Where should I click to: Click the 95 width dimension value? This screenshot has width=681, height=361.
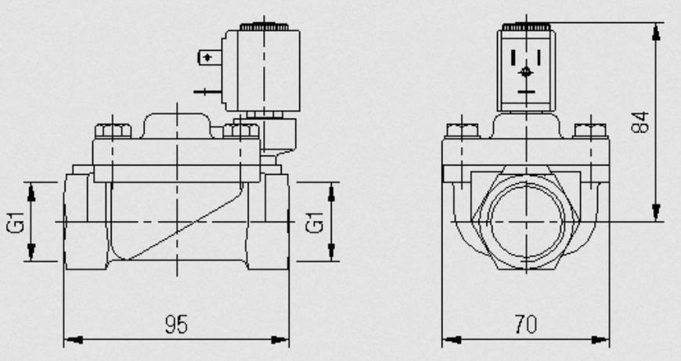(x=176, y=324)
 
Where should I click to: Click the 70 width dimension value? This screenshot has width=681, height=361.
(x=526, y=324)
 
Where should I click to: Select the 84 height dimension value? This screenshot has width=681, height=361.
(x=640, y=122)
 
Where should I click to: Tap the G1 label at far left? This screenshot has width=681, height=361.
(x=16, y=222)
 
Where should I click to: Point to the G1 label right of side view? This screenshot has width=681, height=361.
(x=315, y=222)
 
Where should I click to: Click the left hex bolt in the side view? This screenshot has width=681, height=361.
(x=113, y=131)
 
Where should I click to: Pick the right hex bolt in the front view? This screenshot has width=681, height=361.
(x=590, y=130)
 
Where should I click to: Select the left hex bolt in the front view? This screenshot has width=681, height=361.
(x=462, y=130)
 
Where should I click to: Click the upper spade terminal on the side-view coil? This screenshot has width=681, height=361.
(x=210, y=57)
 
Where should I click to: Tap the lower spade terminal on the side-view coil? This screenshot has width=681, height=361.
(x=208, y=92)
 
